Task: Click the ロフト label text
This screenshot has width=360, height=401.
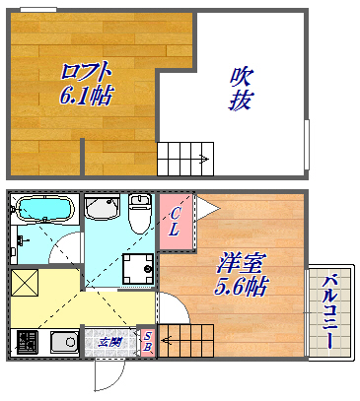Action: pyautogui.click(x=85, y=72)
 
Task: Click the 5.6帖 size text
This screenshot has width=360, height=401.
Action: pyautogui.click(x=243, y=287)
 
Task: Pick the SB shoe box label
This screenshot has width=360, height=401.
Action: pyautogui.click(x=147, y=342)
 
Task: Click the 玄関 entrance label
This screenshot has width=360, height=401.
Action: pyautogui.click(x=110, y=342)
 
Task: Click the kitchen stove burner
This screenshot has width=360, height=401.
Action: pyautogui.click(x=26, y=343)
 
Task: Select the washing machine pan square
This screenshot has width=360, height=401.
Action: pyautogui.click(x=137, y=268)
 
